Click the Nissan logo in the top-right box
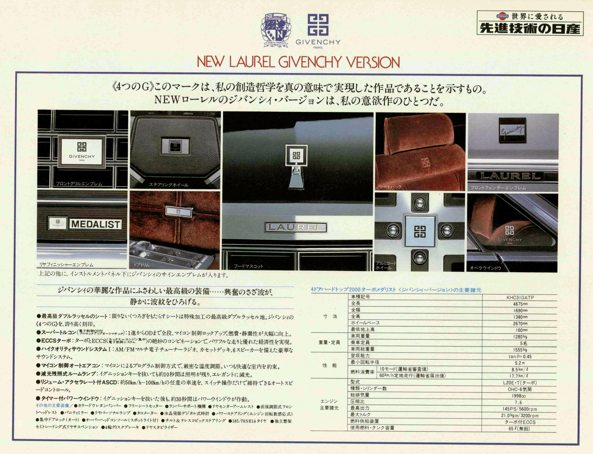point(502,16)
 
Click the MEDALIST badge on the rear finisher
point(95,224)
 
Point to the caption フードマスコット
point(248,266)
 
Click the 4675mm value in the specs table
point(520,304)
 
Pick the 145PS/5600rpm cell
point(520,409)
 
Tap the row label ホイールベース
point(365,323)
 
